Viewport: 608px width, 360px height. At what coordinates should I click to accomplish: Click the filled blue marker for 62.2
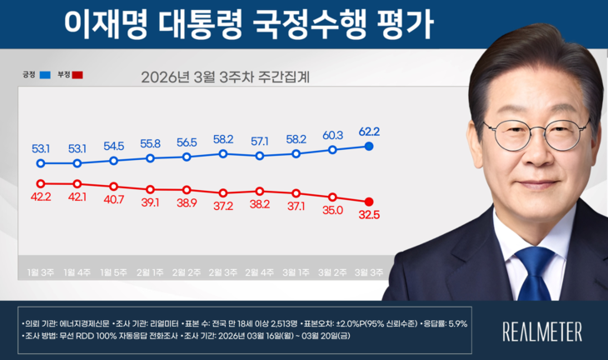tap(369, 147)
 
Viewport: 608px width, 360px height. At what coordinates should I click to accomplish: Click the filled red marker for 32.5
tap(369, 201)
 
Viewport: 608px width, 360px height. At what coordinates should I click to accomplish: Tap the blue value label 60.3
tap(332, 135)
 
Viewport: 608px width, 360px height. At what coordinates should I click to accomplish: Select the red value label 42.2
tap(41, 197)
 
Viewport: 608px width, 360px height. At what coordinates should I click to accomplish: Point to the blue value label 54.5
tap(113, 145)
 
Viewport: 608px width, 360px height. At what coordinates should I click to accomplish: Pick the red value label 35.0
tap(332, 211)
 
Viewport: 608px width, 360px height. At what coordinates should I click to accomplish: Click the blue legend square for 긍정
tap(44, 75)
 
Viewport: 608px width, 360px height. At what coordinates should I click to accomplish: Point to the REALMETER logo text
tap(542, 330)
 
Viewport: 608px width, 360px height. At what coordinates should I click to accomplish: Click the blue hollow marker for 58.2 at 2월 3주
tap(223, 153)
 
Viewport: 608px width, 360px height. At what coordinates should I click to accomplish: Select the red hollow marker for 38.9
tap(187, 189)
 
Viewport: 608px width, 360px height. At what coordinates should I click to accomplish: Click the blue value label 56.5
tap(187, 142)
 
